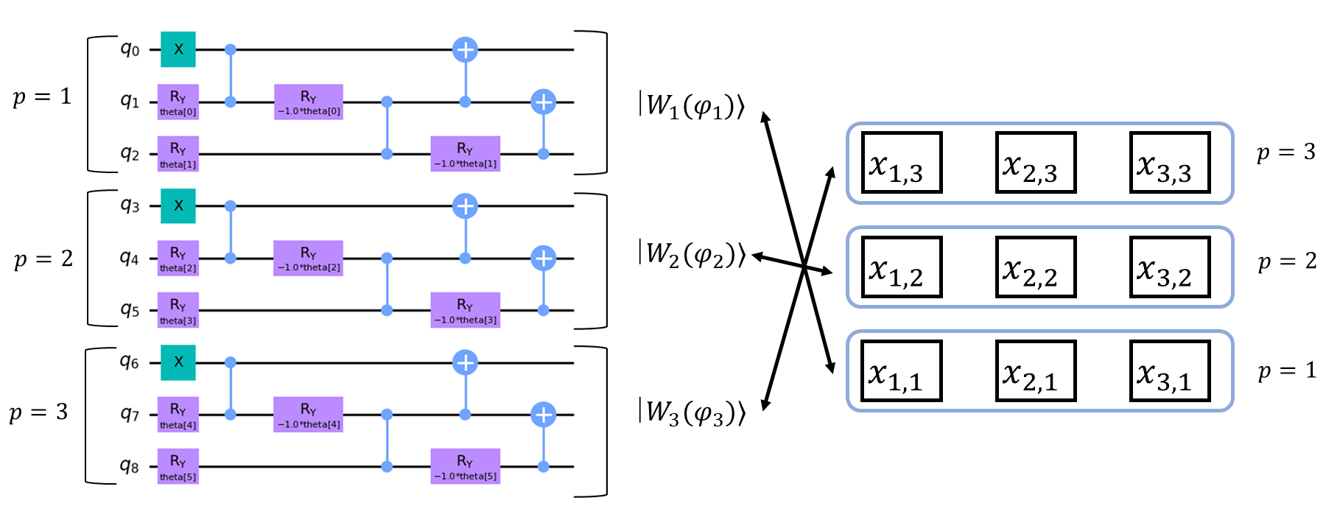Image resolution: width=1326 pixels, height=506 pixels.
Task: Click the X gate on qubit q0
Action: [178, 49]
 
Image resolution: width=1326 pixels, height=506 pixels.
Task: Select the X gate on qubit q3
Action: [178, 205]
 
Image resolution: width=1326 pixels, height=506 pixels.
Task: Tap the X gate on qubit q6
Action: [178, 362]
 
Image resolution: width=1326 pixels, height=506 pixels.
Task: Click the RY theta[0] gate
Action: [178, 102]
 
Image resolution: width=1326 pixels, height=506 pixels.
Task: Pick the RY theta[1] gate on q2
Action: [178, 154]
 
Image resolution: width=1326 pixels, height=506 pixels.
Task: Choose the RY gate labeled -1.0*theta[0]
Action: [309, 102]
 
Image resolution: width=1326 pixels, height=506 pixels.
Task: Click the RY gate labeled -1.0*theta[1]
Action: [465, 154]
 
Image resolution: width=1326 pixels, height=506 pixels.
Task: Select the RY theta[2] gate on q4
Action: [178, 259]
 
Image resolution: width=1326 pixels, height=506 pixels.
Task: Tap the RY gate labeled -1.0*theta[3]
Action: [465, 310]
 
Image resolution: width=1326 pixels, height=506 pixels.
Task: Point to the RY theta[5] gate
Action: [178, 466]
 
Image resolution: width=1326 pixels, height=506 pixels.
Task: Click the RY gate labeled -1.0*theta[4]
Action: [309, 415]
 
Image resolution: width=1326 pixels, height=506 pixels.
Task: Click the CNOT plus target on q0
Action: [465, 49]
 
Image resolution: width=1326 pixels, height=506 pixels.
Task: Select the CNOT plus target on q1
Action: [543, 102]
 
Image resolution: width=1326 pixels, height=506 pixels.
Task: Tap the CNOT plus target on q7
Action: [543, 415]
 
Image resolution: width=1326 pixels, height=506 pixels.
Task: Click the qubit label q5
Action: [130, 310]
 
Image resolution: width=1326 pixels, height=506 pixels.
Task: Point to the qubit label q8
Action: [130, 466]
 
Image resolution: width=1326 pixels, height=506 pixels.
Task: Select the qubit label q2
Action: [130, 154]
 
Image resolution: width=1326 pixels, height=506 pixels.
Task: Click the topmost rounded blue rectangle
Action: [1039, 163]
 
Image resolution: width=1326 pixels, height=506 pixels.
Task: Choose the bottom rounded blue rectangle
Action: [1039, 370]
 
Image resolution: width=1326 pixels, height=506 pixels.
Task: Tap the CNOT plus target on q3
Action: [465, 205]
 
